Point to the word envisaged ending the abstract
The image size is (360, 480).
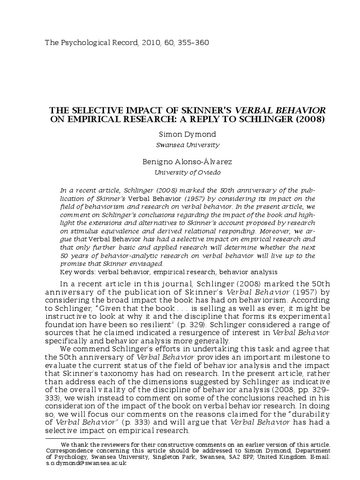pos(147,264)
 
